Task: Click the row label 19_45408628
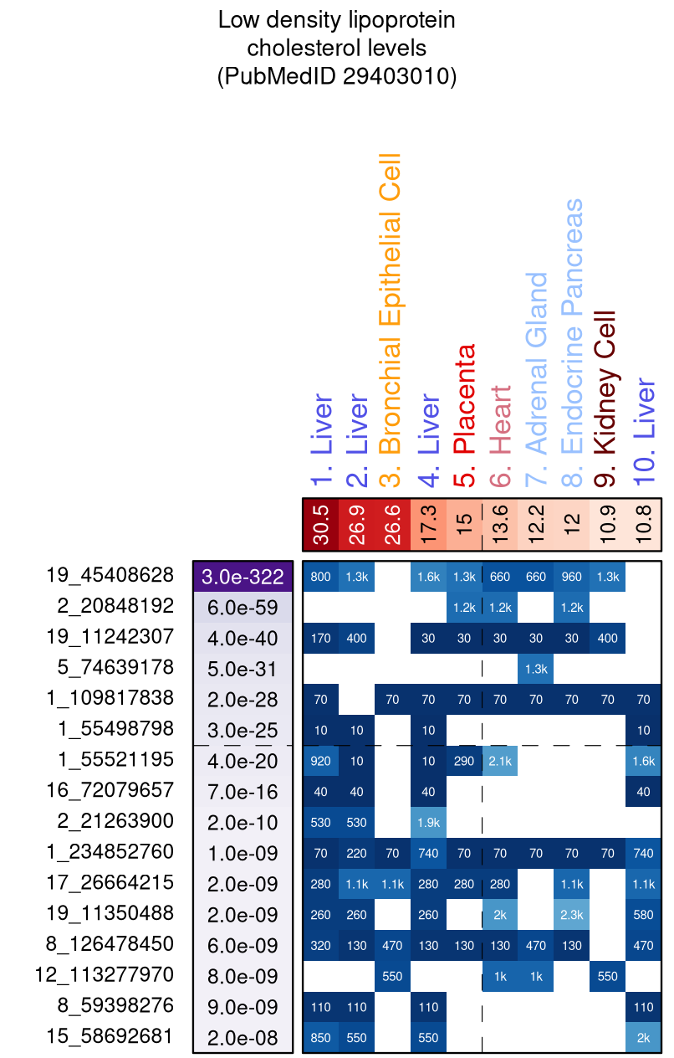(x=110, y=576)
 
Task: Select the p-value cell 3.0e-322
(x=243, y=577)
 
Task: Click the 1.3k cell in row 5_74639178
(x=536, y=669)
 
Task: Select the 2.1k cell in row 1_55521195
(x=500, y=761)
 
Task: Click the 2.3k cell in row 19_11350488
(x=572, y=915)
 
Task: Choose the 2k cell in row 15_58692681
(x=644, y=1038)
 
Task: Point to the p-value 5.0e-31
(x=243, y=669)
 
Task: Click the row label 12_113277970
(x=105, y=975)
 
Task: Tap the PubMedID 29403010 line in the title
(x=337, y=76)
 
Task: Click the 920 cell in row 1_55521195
(x=320, y=761)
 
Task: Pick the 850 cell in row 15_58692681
(x=320, y=1038)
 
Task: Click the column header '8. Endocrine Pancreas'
(x=572, y=343)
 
